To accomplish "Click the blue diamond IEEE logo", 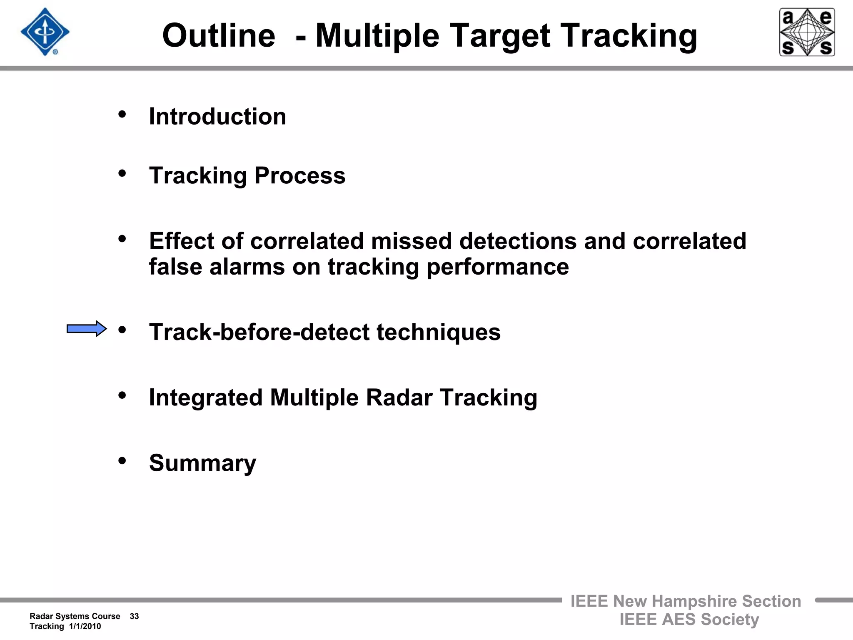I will click(x=45, y=32).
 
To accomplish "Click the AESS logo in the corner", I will click(x=807, y=32).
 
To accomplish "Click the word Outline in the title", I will click(x=219, y=36).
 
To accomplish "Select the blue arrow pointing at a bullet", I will click(x=87, y=329).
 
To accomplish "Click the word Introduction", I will click(x=217, y=116).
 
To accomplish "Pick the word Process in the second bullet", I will click(x=300, y=175).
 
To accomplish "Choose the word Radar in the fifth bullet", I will click(x=399, y=397).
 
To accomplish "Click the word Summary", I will click(x=202, y=463).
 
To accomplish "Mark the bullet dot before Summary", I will click(x=122, y=461).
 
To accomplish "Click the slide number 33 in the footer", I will click(x=134, y=616).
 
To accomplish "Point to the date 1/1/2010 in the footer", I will click(x=85, y=626).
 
